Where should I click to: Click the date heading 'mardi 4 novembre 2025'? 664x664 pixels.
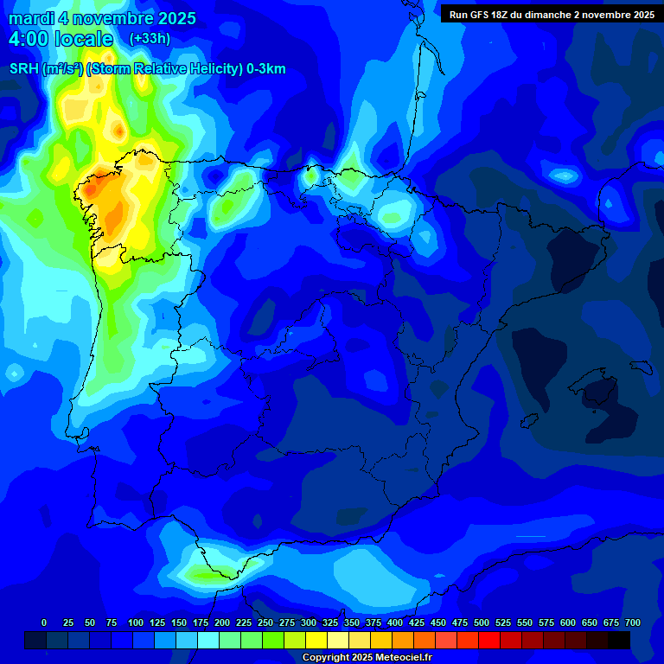(x=102, y=18)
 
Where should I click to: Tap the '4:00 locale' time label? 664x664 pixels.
(x=61, y=39)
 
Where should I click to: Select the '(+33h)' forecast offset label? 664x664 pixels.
(x=150, y=39)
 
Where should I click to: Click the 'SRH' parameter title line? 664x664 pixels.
(x=147, y=69)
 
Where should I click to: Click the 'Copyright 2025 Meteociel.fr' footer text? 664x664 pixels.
(x=367, y=657)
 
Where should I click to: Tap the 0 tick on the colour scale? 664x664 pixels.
(x=44, y=622)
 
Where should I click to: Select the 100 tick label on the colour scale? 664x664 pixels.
(x=136, y=622)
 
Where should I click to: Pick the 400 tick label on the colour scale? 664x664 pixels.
(x=395, y=622)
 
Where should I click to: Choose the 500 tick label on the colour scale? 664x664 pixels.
(x=482, y=622)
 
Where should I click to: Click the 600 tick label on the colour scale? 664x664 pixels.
(x=568, y=622)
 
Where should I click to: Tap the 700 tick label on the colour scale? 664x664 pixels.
(x=633, y=622)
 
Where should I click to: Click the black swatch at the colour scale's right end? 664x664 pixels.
(x=619, y=640)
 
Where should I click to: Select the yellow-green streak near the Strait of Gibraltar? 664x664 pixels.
(x=207, y=573)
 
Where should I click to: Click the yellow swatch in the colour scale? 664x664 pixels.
(x=316, y=640)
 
